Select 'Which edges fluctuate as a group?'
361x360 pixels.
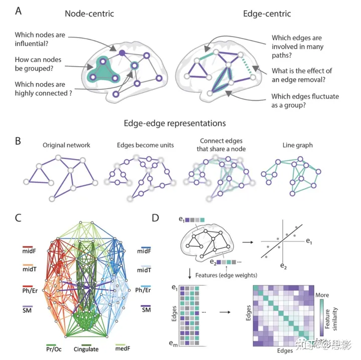click(305, 100)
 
